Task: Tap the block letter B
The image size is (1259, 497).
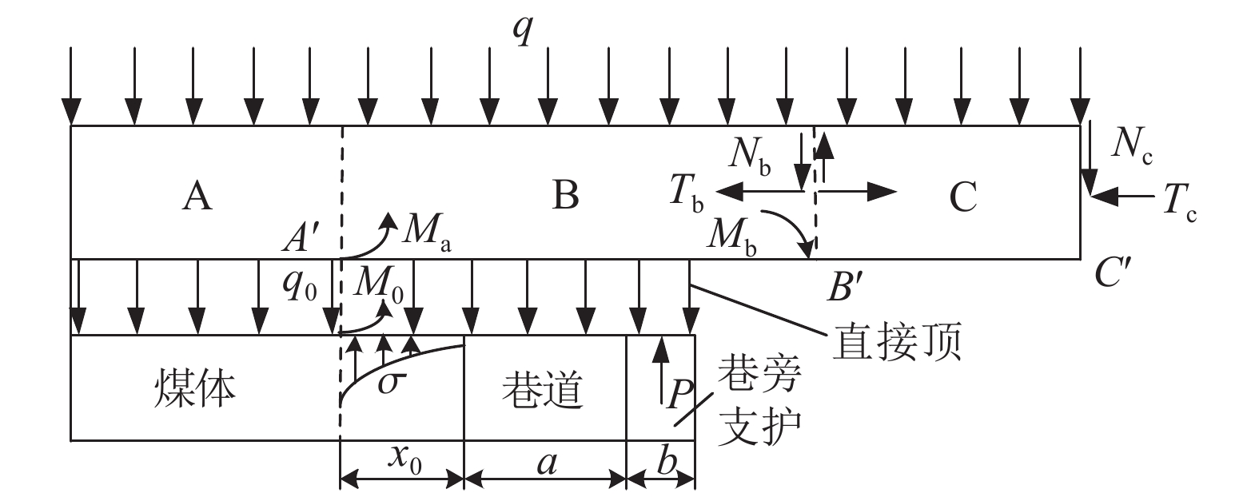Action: click(x=565, y=195)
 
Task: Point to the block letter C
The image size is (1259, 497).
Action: click(x=964, y=197)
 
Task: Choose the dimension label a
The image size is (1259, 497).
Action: click(x=547, y=462)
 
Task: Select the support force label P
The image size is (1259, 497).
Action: click(x=679, y=393)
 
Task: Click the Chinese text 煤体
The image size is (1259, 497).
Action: click(x=195, y=389)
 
